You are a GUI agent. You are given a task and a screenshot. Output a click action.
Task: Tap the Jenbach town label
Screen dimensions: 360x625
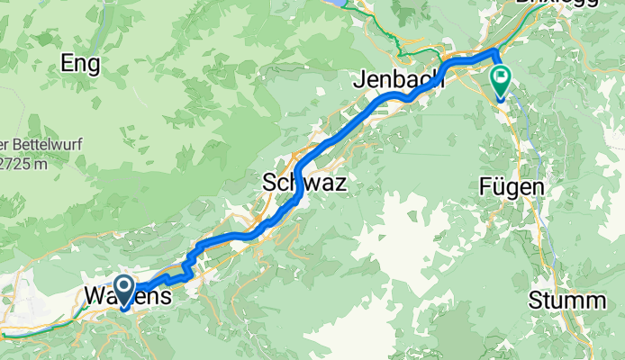400,78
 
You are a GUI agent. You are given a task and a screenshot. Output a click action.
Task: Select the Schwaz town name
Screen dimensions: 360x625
304,182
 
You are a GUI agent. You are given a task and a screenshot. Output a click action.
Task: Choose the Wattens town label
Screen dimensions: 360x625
126,294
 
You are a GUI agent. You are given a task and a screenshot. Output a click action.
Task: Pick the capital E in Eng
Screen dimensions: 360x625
67,63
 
